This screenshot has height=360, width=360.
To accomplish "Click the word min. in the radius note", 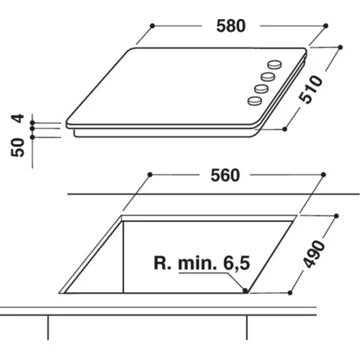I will click(198, 264).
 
